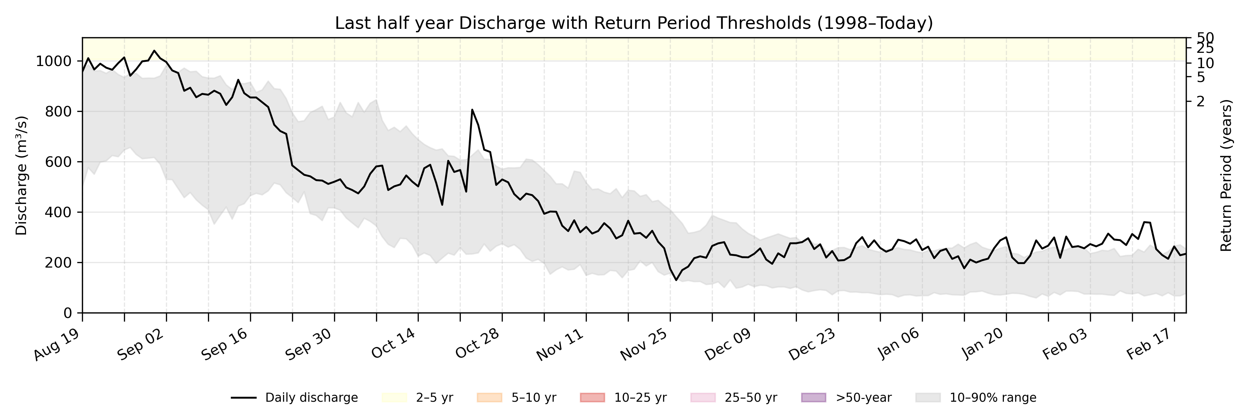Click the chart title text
(634, 23)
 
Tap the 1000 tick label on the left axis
(53, 61)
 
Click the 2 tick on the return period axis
(1200, 101)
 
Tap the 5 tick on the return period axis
(1200, 77)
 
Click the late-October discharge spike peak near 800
(472, 110)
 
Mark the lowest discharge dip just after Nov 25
(676, 280)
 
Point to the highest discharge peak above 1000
(154, 50)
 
